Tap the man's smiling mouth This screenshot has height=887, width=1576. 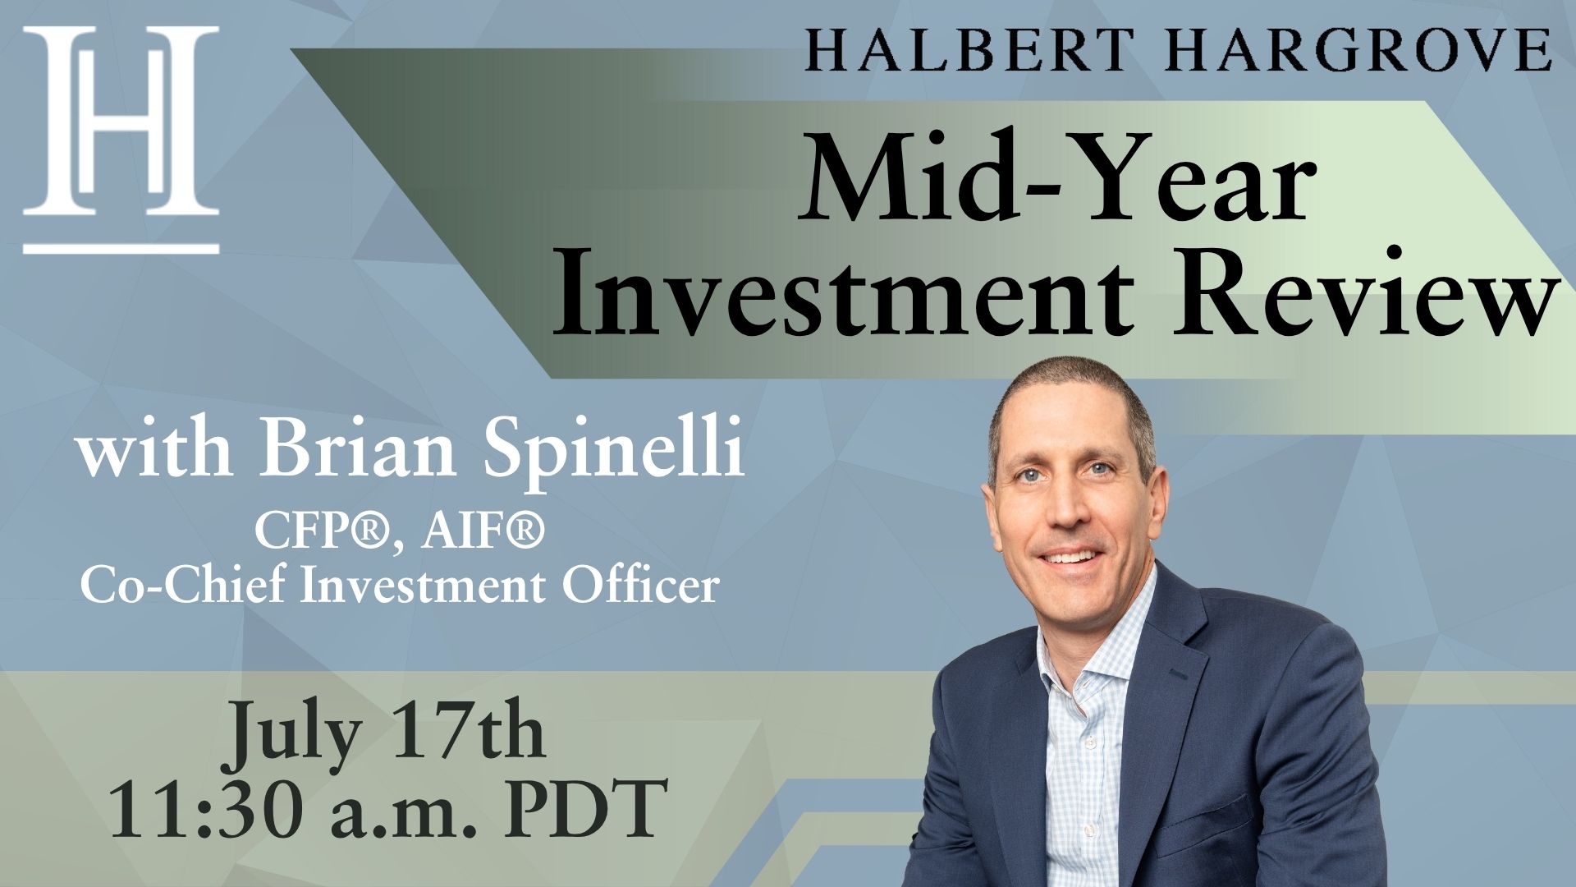[1070, 558]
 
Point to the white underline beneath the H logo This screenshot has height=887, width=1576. [121, 246]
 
